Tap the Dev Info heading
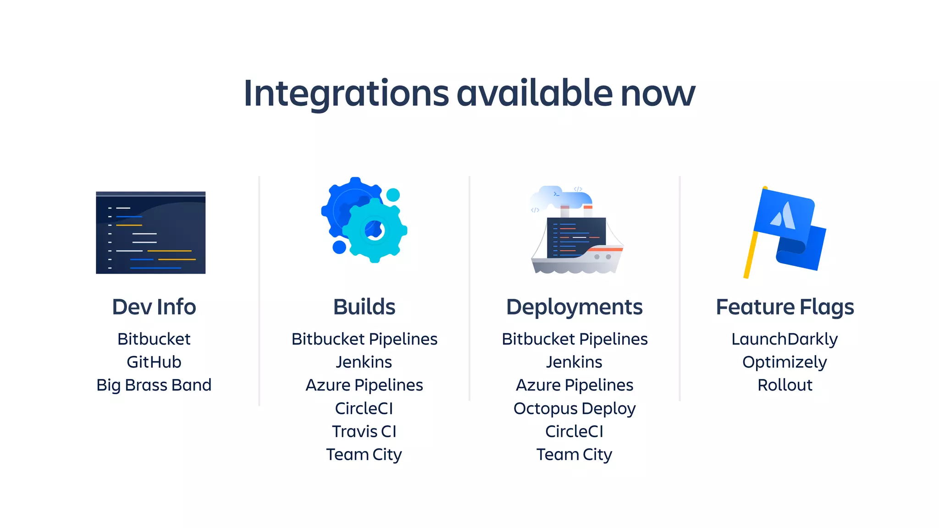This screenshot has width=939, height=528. tap(154, 307)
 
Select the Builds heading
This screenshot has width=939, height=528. tap(364, 307)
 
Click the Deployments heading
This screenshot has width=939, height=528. tap(574, 307)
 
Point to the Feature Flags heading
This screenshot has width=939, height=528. tap(784, 307)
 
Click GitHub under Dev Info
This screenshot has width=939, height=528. tap(154, 362)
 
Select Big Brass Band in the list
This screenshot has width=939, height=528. tap(154, 385)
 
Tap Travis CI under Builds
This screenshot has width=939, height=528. tap(364, 431)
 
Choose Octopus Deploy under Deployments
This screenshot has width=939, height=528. tap(574, 408)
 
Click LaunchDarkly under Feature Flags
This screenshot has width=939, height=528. tap(784, 339)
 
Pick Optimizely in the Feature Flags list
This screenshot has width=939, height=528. tap(784, 362)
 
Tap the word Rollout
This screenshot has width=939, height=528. tap(784, 385)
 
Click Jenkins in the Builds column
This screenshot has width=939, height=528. tap(364, 362)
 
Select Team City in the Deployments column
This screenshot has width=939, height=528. tap(574, 455)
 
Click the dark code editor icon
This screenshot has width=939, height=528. tap(150, 233)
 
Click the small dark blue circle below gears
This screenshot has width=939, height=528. tap(339, 247)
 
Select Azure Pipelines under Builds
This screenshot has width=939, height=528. tap(364, 385)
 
